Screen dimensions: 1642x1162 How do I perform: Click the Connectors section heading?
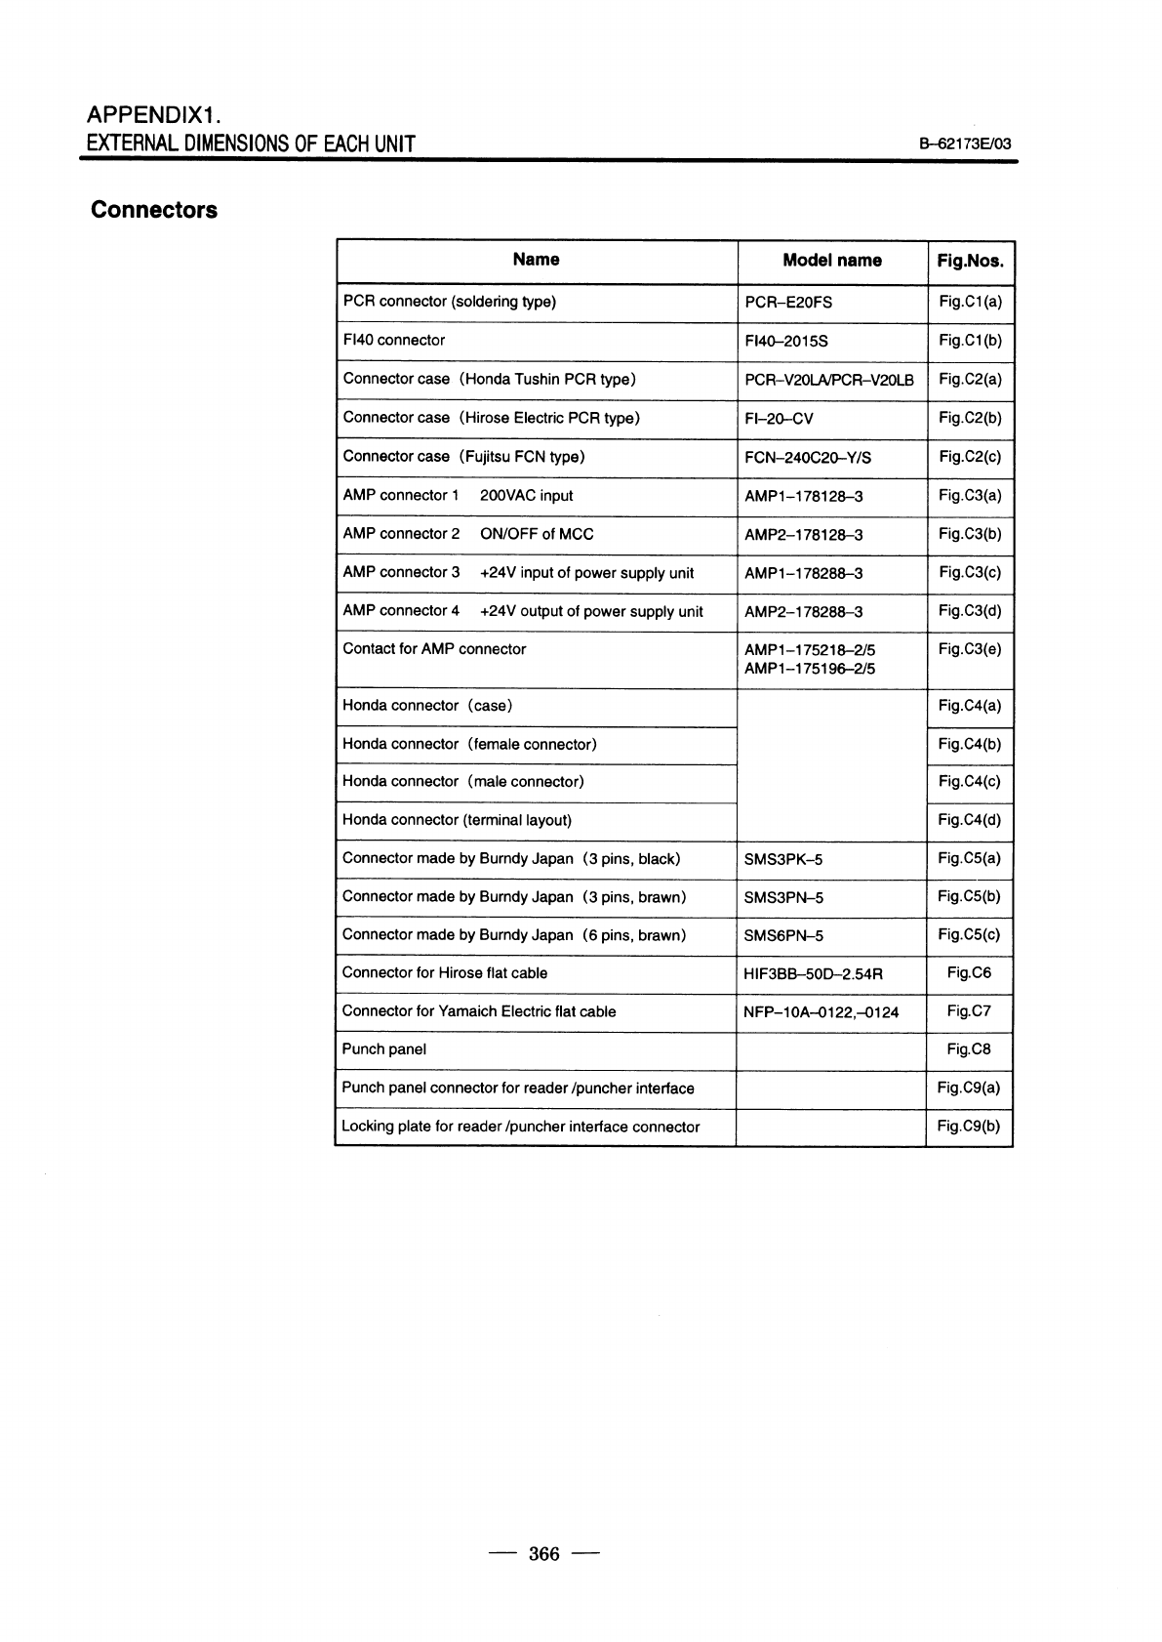153,210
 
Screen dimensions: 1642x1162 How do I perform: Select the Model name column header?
831,261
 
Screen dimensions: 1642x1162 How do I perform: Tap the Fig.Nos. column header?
970,261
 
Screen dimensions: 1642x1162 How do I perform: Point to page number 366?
543,1553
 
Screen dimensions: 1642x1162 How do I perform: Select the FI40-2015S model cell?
786,341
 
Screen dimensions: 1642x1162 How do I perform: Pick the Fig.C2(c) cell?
970,457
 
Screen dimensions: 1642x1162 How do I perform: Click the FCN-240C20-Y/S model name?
808,458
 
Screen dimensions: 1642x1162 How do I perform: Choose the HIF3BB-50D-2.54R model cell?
813,973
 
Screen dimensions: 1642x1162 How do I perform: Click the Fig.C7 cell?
969,1011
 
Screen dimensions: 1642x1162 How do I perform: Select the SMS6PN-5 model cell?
783,935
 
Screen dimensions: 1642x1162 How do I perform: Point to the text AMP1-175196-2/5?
810,669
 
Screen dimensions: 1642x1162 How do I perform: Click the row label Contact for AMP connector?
434,649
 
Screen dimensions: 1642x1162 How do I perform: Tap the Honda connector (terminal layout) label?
457,820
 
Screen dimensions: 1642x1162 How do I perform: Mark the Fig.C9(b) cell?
969,1127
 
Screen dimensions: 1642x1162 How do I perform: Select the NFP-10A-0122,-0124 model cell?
821,1012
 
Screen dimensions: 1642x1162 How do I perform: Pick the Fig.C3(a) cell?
970,496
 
